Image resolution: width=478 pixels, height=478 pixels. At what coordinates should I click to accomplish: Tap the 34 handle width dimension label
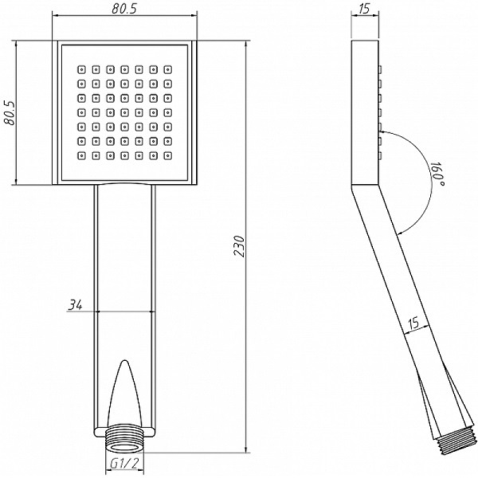click(x=75, y=304)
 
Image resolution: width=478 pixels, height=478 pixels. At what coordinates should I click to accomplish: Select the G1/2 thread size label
click(x=124, y=464)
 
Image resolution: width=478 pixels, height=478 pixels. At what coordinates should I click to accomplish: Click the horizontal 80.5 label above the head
click(x=123, y=9)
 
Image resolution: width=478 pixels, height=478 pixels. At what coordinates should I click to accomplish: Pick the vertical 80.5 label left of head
click(x=9, y=113)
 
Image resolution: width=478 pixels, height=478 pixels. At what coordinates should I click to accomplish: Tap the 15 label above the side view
click(x=364, y=9)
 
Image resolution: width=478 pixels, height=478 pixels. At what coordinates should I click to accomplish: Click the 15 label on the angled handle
click(x=413, y=323)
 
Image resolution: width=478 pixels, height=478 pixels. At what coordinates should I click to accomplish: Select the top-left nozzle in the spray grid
click(x=81, y=69)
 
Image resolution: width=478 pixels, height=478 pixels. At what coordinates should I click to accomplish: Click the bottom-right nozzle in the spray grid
click(x=167, y=156)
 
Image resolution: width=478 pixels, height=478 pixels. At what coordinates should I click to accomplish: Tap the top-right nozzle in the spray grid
click(x=167, y=69)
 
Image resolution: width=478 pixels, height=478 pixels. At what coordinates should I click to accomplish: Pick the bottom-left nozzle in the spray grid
click(x=81, y=156)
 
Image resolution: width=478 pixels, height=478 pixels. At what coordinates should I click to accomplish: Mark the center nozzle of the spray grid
click(x=124, y=112)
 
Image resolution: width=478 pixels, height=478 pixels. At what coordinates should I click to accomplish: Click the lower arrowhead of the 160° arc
click(x=399, y=233)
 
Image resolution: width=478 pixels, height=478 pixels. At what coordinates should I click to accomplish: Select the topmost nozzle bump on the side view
click(x=380, y=69)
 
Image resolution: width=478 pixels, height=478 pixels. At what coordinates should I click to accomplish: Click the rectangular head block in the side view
click(x=365, y=112)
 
